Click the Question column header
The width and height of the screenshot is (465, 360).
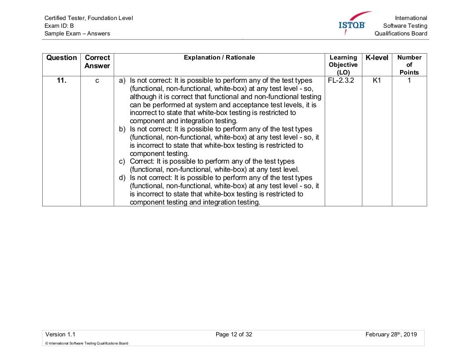pos(61,58)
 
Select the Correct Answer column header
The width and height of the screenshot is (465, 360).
pos(97,62)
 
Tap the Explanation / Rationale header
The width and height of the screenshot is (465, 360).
pos(219,58)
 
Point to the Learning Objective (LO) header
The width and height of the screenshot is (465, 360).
pos(343,65)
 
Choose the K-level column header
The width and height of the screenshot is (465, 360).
pos(377,58)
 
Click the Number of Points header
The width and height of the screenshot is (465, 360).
pos(409,65)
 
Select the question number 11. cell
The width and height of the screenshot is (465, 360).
pos(61,80)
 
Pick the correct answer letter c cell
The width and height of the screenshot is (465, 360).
pos(97,80)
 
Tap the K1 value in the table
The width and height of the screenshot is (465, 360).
pos(376,80)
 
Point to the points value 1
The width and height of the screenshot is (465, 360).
pos(409,80)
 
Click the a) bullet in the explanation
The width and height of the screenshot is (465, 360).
pos(122,80)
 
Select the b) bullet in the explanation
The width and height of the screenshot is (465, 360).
pos(122,129)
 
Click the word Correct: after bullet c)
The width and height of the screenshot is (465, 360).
pos(142,161)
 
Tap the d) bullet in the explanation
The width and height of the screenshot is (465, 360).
pos(122,178)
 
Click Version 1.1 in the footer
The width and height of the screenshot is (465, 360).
pos(57,335)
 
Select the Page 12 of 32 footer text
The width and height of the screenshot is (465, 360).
pos(234,335)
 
